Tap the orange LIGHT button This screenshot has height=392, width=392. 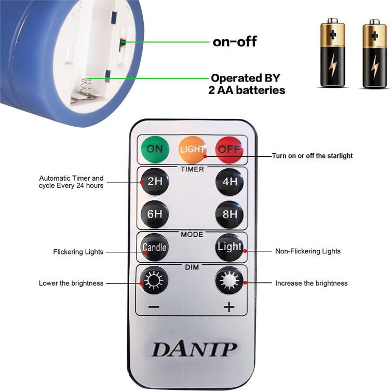point(192,149)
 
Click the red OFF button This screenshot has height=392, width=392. point(229,149)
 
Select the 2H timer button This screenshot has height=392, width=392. point(155,181)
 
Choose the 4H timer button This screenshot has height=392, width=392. point(229,181)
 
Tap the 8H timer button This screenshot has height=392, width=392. point(229,214)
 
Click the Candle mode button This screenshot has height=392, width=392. point(154,247)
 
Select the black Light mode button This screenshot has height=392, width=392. point(229,247)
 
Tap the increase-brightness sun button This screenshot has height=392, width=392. point(229,280)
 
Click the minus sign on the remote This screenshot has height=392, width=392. point(154,306)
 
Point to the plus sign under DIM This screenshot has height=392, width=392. point(229,307)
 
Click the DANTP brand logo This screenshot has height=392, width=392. point(194,349)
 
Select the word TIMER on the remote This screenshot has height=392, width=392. point(192,169)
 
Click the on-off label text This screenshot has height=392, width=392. point(235,42)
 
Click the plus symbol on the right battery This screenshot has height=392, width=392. point(374,36)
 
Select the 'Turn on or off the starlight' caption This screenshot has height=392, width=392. point(312,156)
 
